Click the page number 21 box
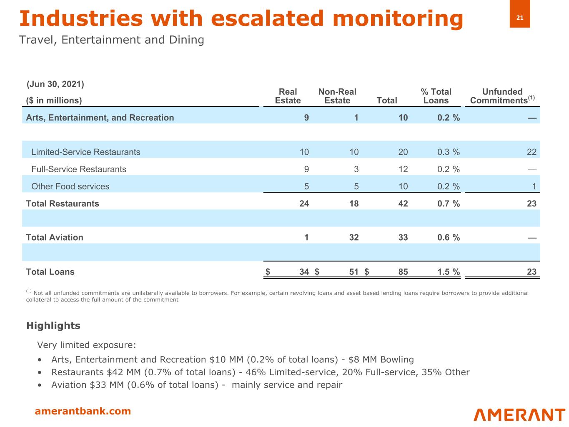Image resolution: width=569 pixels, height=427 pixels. click(x=519, y=18)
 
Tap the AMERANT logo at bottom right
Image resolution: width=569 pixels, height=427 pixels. click(x=519, y=414)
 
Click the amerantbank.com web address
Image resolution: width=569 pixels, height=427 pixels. click(x=83, y=411)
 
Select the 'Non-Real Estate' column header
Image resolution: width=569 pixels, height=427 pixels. click(x=337, y=96)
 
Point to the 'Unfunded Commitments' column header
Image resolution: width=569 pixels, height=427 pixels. click(x=502, y=96)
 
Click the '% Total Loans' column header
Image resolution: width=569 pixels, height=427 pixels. click(x=436, y=96)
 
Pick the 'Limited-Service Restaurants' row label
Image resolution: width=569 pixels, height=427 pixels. click(x=86, y=152)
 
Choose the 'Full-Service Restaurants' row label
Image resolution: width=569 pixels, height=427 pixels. click(x=79, y=169)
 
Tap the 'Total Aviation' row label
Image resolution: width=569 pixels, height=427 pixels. click(x=55, y=237)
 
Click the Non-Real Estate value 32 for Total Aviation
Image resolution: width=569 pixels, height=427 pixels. click(x=353, y=237)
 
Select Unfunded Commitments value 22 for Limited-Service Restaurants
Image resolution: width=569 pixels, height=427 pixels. click(x=531, y=152)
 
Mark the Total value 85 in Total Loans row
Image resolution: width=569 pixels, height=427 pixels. click(x=403, y=272)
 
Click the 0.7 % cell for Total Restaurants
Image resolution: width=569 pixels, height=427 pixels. click(x=448, y=203)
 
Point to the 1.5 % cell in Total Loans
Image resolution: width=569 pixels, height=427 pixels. click(x=448, y=272)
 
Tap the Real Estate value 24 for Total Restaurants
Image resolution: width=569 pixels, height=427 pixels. click(x=304, y=203)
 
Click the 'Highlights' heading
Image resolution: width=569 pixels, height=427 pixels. click(x=53, y=326)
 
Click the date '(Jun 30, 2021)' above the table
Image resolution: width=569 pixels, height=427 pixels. click(x=55, y=84)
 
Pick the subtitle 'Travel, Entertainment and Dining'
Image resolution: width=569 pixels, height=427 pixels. click(x=112, y=40)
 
